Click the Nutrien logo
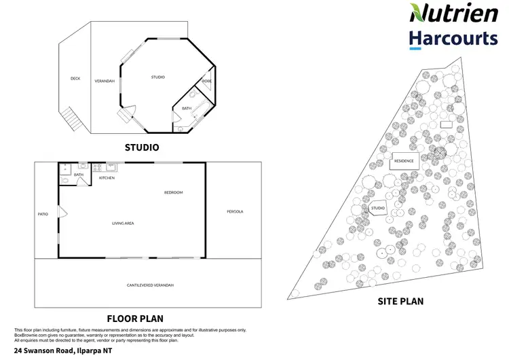(x=453, y=13)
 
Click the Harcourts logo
(x=453, y=39)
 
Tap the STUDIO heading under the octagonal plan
(x=142, y=147)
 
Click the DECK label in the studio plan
(x=75, y=78)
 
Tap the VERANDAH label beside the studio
(x=105, y=81)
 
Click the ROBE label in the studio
(x=206, y=82)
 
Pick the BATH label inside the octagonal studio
(x=186, y=108)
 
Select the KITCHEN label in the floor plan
(x=107, y=178)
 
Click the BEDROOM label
(x=173, y=193)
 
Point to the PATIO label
(x=43, y=214)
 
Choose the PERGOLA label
(x=234, y=211)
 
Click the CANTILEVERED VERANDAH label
(x=150, y=285)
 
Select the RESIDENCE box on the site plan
(x=404, y=161)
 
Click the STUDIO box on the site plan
(x=378, y=208)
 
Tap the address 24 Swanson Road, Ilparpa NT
(x=58, y=350)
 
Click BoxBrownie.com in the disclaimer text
(x=29, y=335)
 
